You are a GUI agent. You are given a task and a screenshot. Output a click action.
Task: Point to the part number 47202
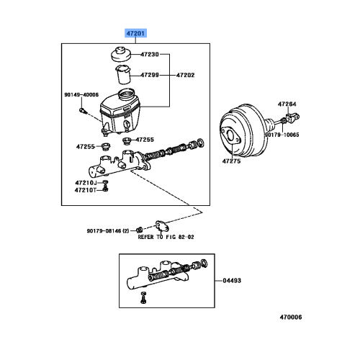point(184,74)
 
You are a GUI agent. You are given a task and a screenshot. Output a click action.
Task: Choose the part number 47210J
point(84,183)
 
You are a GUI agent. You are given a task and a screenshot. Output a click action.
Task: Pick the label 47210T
point(84,191)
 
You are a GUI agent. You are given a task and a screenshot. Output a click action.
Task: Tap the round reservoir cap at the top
point(117,55)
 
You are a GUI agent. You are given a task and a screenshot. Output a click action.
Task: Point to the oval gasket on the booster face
point(230,137)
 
